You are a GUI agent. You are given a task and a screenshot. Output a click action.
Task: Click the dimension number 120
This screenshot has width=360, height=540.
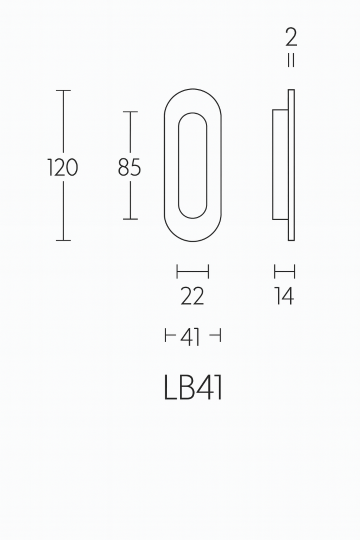(62, 167)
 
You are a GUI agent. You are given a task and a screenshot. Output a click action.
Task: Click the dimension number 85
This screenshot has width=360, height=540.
(129, 167)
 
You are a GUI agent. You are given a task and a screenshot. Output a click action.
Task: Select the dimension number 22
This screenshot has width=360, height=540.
(192, 296)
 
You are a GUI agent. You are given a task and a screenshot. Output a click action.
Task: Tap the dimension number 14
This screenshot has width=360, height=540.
(284, 296)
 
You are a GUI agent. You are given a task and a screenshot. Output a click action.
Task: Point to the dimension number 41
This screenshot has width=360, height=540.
(191, 338)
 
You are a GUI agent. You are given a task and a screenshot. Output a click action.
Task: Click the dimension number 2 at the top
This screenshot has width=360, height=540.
(290, 39)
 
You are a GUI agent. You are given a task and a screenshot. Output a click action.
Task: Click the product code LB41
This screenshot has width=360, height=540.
(191, 386)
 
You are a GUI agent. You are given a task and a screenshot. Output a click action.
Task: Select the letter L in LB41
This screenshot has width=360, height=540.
(168, 386)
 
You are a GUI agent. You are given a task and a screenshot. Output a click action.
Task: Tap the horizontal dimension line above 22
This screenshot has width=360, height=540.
(192, 270)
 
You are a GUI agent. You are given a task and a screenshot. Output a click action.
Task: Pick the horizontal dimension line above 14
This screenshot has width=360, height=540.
(285, 270)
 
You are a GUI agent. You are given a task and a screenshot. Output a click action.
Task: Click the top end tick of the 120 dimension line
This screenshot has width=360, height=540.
(64, 91)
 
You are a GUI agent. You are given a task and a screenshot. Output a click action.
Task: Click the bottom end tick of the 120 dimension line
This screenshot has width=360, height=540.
(64, 240)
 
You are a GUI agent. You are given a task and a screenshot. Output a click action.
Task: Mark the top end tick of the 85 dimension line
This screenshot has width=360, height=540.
(130, 112)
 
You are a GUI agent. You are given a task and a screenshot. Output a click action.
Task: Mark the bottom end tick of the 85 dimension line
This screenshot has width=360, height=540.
(130, 219)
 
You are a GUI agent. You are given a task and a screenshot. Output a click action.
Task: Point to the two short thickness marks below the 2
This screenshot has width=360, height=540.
(290, 61)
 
